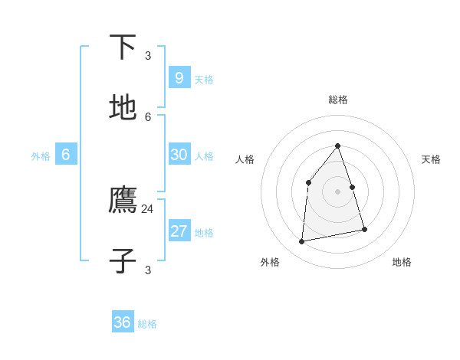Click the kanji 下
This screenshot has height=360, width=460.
tap(123, 47)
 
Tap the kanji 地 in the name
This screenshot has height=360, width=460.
tap(123, 108)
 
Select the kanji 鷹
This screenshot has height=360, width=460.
tap(123, 201)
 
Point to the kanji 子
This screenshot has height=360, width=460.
tap(123, 261)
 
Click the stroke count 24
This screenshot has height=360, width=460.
tap(147, 209)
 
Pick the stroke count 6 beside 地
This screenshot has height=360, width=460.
tap(148, 116)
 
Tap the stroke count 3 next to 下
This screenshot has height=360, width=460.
tap(148, 55)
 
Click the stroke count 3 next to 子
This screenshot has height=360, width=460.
tap(148, 270)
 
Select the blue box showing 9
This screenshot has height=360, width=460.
tap(179, 77)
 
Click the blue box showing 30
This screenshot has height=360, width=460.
tap(179, 155)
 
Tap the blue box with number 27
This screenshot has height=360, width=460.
tap(179, 231)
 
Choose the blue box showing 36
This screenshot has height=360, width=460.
tap(123, 322)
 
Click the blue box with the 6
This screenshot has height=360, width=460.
tap(66, 155)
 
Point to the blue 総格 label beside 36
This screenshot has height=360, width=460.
tap(147, 325)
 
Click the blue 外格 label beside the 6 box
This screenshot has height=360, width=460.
tap(41, 156)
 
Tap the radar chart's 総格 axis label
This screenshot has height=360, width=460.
tap(338, 100)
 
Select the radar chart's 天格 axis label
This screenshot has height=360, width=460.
tap(431, 159)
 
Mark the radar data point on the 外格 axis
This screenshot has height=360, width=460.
tap(302, 242)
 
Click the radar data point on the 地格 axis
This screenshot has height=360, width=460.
tap(365, 230)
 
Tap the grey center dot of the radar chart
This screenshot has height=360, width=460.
tap(338, 191)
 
